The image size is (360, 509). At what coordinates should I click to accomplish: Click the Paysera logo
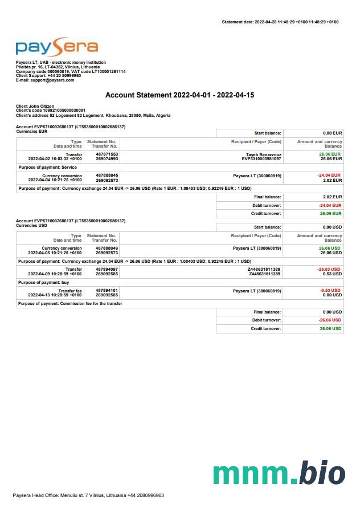56,47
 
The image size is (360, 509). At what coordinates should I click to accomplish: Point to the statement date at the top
280,22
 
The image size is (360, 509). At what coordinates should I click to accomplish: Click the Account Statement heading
179,95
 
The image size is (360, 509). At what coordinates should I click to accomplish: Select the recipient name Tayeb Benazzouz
264,154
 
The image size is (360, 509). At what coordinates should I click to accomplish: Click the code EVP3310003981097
261,158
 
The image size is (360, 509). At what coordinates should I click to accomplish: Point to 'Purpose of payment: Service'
48,168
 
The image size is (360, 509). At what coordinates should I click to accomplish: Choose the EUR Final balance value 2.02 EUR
332,197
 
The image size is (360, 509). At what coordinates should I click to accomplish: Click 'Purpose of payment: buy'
44,283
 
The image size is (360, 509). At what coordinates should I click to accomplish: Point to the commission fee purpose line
70,304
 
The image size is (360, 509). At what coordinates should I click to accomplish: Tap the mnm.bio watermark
279,474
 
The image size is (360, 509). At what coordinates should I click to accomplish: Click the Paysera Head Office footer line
88,495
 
